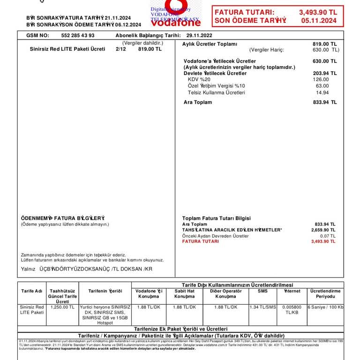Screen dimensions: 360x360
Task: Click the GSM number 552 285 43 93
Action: point(78,36)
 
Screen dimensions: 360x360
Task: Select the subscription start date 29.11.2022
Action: point(199,36)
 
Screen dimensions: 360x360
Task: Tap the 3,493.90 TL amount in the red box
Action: point(318,13)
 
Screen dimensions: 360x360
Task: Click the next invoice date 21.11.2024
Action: point(118,18)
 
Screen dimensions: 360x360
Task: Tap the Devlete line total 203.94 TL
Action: point(324,74)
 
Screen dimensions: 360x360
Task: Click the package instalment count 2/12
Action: point(120,49)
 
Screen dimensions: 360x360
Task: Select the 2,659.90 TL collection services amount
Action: point(323,230)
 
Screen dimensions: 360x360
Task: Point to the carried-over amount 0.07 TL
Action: point(326,236)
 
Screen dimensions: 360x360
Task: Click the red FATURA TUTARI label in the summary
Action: point(200,241)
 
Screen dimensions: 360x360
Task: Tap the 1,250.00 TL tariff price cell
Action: point(62,307)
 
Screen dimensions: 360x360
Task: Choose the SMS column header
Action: point(262,291)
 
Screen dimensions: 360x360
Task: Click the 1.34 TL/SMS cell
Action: point(262,307)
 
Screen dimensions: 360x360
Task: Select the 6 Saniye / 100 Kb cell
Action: point(325,307)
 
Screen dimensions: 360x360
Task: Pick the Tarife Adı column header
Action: point(32,291)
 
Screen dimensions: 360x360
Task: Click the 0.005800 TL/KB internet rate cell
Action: point(292,310)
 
